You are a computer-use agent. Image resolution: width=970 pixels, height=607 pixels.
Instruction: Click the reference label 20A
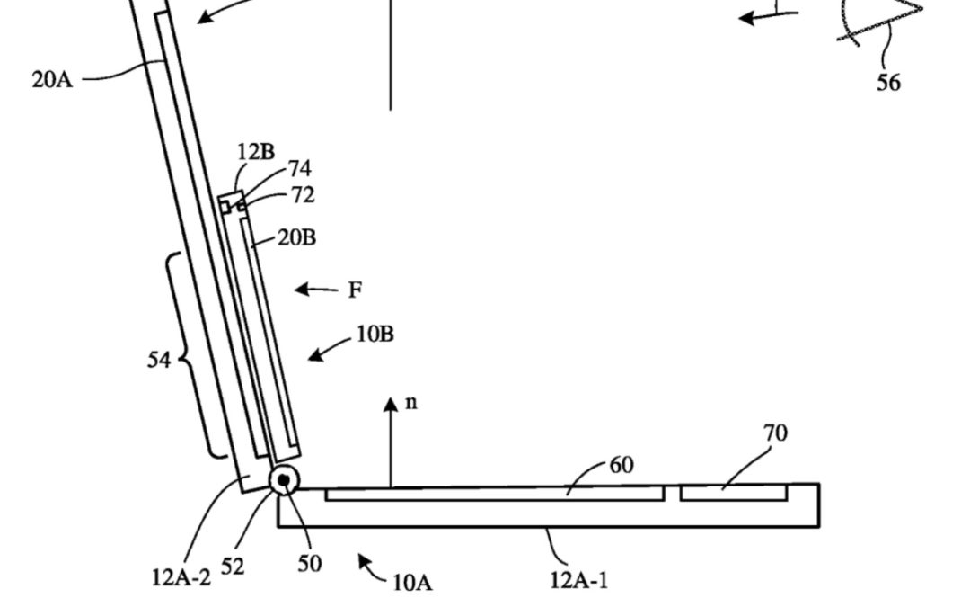click(51, 80)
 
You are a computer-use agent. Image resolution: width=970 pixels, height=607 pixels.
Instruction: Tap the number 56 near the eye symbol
click(888, 82)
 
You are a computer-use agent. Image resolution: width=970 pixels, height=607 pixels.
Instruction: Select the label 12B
click(256, 152)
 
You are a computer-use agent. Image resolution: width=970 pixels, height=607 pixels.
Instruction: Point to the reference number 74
click(300, 169)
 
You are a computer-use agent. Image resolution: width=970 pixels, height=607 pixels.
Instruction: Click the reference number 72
click(303, 195)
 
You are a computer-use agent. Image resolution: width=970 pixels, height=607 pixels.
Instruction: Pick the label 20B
click(296, 238)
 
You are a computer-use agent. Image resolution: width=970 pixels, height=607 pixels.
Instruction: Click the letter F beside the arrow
click(355, 290)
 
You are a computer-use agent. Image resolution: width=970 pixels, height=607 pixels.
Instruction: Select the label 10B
click(375, 335)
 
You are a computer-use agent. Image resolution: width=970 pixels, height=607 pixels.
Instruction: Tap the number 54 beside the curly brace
click(160, 361)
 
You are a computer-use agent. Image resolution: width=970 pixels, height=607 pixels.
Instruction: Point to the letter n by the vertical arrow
click(410, 402)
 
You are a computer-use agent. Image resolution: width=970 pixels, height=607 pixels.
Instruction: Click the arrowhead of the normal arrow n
click(391, 405)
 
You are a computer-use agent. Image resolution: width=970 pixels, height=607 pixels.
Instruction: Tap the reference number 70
click(775, 433)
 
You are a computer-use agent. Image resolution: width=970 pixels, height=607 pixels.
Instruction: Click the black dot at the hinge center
click(285, 481)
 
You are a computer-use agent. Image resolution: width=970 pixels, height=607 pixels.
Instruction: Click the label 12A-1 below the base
click(578, 580)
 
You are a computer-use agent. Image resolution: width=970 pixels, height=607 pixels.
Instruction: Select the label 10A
click(412, 583)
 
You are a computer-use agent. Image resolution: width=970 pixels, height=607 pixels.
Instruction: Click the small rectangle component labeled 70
click(734, 493)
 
